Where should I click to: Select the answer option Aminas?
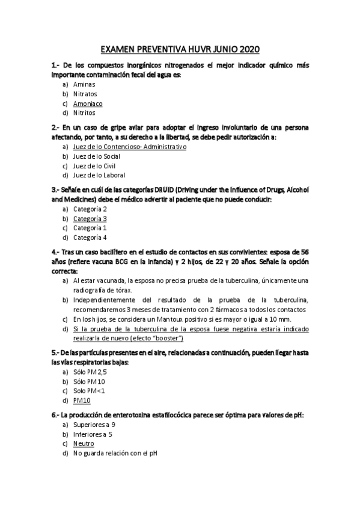(84, 85)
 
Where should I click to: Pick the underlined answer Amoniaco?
(88, 103)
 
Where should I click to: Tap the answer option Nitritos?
(84, 112)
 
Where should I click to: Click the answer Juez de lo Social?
(96, 156)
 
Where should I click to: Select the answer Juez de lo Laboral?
(99, 175)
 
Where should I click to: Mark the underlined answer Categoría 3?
(90, 219)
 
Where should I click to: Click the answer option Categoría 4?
(90, 238)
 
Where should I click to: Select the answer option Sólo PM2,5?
(90, 372)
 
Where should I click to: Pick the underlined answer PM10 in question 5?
(82, 400)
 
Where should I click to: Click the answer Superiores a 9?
(95, 425)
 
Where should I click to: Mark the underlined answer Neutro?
(84, 444)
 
